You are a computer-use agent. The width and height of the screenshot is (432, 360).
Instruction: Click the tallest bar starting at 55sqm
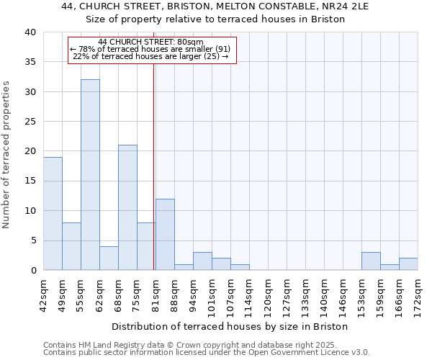pos(90,175)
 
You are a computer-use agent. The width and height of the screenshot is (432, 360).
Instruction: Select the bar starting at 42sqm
pos(53,214)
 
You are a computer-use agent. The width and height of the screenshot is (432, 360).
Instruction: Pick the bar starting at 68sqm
pos(127,207)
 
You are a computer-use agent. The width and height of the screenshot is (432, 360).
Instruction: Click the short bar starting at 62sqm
pos(109,258)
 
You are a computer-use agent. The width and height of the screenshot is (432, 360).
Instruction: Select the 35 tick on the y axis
pos(30,63)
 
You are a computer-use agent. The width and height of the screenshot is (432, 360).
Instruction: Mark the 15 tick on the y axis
pos(30,181)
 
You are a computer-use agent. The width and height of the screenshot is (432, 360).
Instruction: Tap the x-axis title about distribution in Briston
pos(230,326)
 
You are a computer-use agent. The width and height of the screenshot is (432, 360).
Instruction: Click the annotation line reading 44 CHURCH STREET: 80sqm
pos(151,42)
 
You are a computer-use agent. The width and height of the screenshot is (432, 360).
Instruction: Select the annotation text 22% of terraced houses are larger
pos(151,56)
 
